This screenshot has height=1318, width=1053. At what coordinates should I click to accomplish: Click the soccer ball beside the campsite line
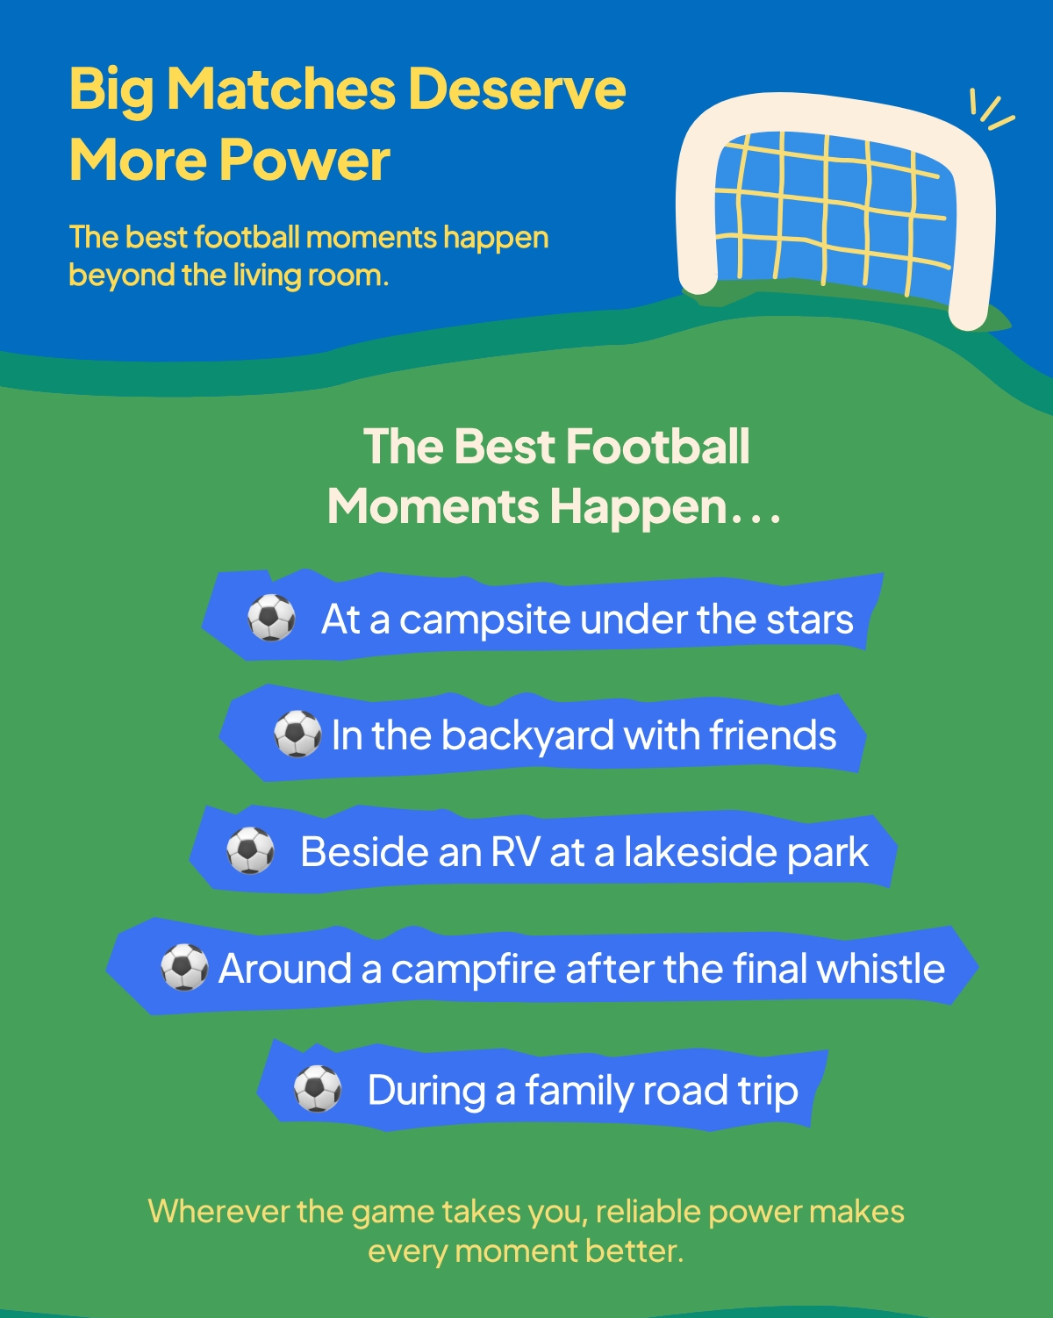point(271,618)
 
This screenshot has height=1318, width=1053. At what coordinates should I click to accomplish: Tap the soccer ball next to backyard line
point(297,734)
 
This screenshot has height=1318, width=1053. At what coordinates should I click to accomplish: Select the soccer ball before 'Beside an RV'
point(250,850)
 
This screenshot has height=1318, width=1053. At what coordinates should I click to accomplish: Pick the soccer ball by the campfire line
point(183,967)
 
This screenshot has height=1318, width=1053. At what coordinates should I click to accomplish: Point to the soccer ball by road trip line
point(318,1088)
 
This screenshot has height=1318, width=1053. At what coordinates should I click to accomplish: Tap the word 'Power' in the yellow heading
point(304,160)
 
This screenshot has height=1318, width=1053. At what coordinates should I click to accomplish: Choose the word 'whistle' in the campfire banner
point(881,968)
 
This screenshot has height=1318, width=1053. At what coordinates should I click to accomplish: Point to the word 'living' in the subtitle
point(267,276)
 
